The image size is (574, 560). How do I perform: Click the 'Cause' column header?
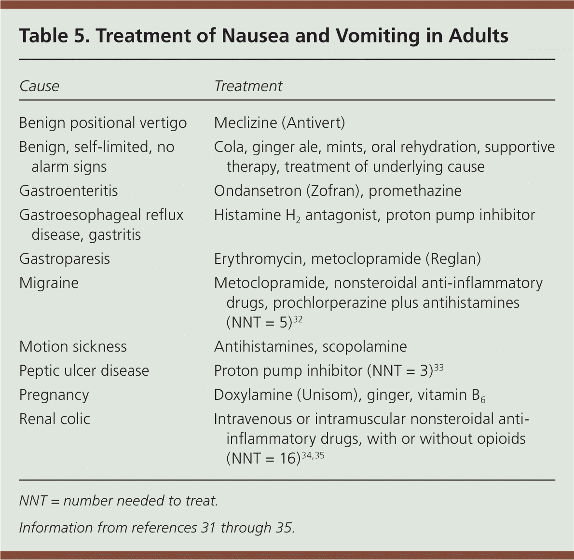(39, 86)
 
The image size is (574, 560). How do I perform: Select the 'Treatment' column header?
(248, 86)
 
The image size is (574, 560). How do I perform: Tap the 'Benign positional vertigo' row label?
(103, 123)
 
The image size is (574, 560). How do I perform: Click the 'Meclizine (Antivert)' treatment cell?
(279, 123)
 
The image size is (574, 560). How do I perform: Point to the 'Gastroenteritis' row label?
(68, 191)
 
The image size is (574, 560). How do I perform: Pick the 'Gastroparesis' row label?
(65, 259)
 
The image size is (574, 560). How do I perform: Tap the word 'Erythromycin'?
(259, 259)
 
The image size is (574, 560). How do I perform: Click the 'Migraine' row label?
(49, 283)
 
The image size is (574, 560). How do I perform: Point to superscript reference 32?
(298, 319)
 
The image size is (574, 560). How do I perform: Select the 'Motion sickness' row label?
(73, 347)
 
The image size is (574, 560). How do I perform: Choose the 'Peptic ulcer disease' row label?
(84, 371)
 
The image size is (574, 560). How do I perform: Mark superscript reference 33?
(438, 368)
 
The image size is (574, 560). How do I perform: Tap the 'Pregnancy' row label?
(54, 395)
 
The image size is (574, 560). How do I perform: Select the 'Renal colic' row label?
(55, 419)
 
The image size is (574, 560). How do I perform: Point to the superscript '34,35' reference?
(313, 455)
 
